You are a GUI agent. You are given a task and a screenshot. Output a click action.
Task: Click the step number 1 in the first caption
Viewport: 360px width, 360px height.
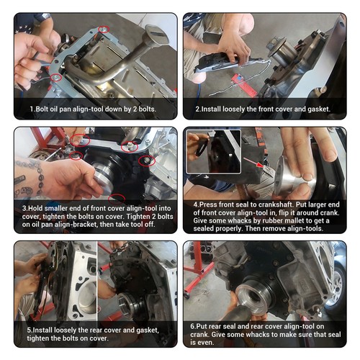pyautogui.click(x=32, y=109)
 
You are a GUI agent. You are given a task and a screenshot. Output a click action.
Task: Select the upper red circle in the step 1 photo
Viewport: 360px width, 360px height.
pyautogui.click(x=104, y=30)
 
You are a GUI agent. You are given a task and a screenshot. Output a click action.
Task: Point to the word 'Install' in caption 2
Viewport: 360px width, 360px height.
pyautogui.click(x=217, y=109)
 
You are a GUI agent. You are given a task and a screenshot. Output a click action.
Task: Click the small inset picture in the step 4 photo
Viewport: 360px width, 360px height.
pyautogui.click(x=212, y=152)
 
